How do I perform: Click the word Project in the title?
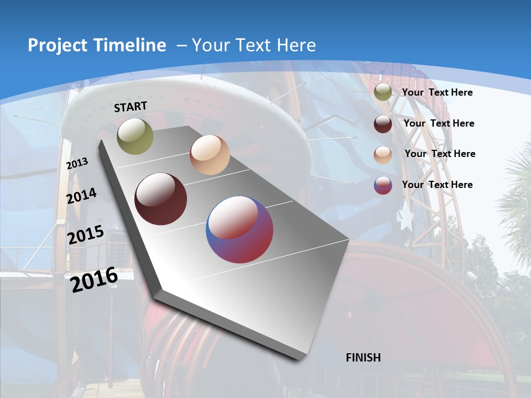click(x=53, y=45)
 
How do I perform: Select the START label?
click(x=131, y=107)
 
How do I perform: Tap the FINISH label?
click(x=363, y=358)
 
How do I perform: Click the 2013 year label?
click(x=77, y=164)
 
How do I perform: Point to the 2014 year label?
click(x=81, y=196)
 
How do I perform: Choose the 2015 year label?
click(x=85, y=234)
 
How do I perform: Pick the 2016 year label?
click(x=94, y=279)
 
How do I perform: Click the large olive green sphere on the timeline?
click(x=135, y=136)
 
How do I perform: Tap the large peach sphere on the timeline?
click(x=210, y=155)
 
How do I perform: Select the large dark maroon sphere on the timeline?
click(x=160, y=199)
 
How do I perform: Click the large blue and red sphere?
click(x=240, y=229)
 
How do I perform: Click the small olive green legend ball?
click(x=383, y=92)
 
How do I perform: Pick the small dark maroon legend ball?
click(x=383, y=124)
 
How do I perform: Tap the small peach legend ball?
click(x=383, y=155)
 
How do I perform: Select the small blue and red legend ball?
click(x=383, y=185)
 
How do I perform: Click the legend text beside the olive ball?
click(x=437, y=92)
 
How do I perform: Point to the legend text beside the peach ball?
click(x=440, y=154)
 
